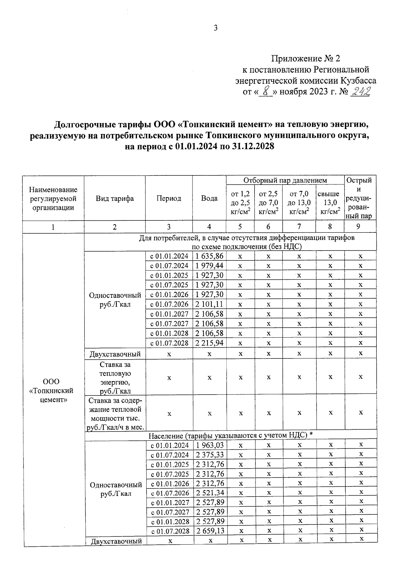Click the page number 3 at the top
point(215,28)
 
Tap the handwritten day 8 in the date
point(265,92)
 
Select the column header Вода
point(209,198)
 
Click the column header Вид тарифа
point(115,198)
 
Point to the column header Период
point(169,198)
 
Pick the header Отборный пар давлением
point(285,180)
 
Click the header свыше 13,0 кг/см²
point(330,203)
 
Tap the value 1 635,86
point(209,256)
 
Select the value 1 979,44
point(209,266)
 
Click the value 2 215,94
point(209,343)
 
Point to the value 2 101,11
point(209,304)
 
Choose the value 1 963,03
point(210,445)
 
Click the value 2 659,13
point(210,531)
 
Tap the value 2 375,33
point(210,454)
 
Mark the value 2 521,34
point(210,493)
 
